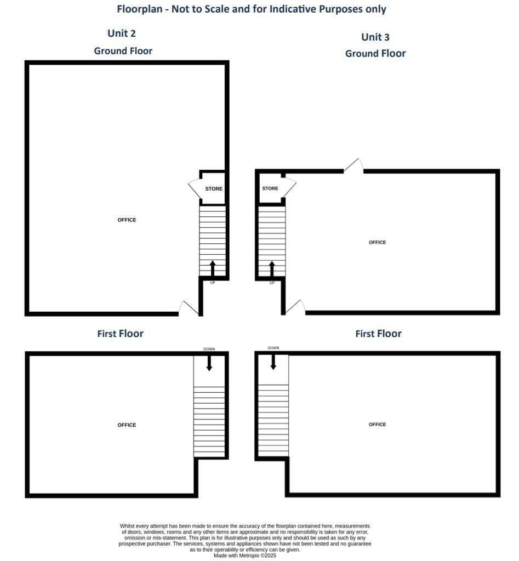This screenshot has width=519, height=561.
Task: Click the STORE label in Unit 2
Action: click(214, 189)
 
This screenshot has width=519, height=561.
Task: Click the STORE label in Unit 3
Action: click(270, 188)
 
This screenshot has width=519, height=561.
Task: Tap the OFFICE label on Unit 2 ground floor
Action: click(127, 220)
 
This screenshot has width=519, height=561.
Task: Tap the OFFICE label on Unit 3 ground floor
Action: click(377, 242)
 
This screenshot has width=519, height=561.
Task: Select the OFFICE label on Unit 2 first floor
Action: click(127, 425)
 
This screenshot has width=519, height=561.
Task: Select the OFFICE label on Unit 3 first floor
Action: click(377, 425)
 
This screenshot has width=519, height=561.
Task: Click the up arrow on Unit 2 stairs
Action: click(213, 268)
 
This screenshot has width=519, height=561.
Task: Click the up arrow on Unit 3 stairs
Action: click(272, 268)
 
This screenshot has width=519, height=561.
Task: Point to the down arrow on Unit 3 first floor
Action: click(273, 362)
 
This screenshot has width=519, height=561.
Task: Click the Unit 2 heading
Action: click(122, 33)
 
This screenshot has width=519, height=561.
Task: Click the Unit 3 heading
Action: click(375, 37)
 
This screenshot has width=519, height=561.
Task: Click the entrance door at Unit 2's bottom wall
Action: click(190, 308)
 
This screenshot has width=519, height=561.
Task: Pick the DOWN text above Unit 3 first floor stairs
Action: click(273, 348)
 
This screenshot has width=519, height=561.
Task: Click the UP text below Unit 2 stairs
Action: click(213, 283)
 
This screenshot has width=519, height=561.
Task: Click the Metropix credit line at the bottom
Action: click(245, 556)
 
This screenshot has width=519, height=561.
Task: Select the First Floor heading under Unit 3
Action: click(378, 334)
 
